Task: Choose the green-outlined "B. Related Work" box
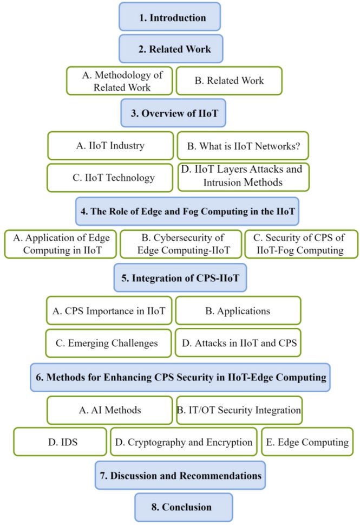[228, 81]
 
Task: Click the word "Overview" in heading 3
[160, 114]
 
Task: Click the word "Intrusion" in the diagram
[222, 183]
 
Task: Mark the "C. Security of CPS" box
[301, 244]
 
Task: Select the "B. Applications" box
[238, 311]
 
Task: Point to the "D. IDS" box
[60, 442]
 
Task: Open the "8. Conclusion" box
[184, 507]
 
